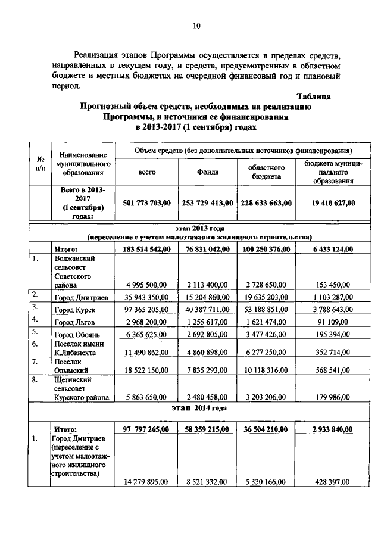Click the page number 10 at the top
click(x=196, y=26)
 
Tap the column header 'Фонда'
click(x=208, y=172)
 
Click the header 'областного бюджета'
click(x=266, y=172)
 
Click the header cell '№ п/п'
click(x=41, y=164)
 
